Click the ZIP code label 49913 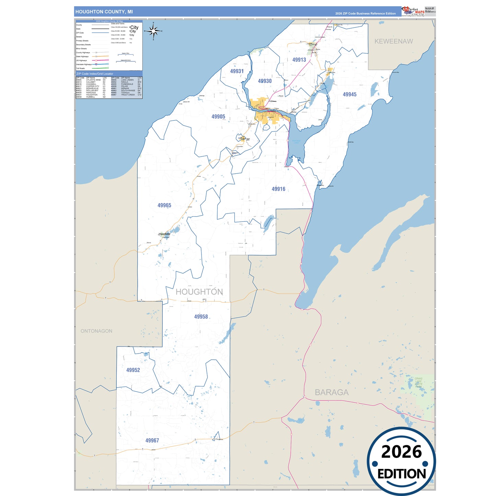point(299,60)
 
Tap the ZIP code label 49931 point(237,71)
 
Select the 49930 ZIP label point(265,81)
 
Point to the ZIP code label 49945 point(349,94)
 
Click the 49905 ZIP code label point(218,117)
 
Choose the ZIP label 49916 point(278,189)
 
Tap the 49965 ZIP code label point(164,205)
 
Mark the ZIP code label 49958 point(201,317)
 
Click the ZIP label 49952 point(133,370)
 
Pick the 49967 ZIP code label point(152,440)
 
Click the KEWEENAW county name point(393,41)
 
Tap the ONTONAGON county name point(96,331)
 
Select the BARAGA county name point(332,392)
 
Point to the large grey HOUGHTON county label point(199,292)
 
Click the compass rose point(153,31)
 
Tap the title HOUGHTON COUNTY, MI point(104,12)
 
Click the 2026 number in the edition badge point(401,452)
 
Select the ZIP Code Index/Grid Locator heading point(95,74)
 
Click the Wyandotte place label point(164,234)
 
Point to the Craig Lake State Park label point(418,383)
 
